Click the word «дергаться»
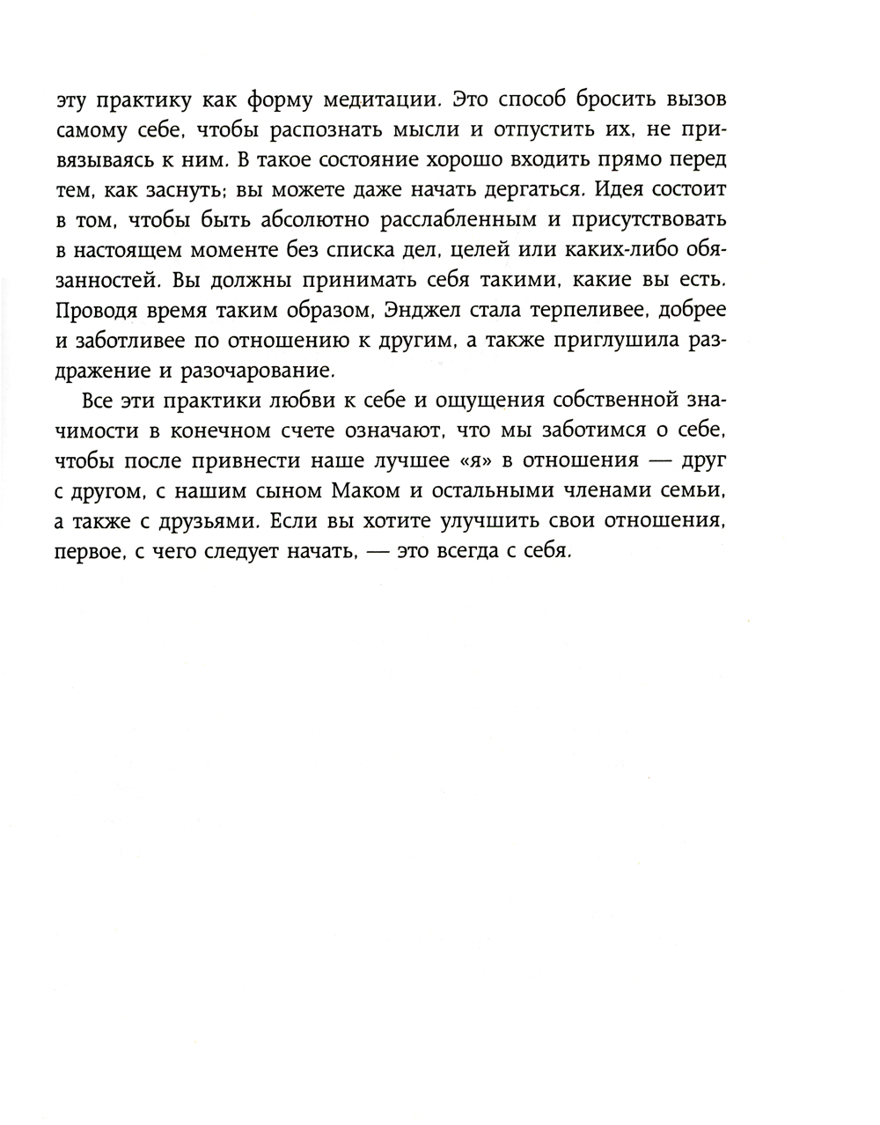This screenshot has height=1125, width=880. click(522, 189)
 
